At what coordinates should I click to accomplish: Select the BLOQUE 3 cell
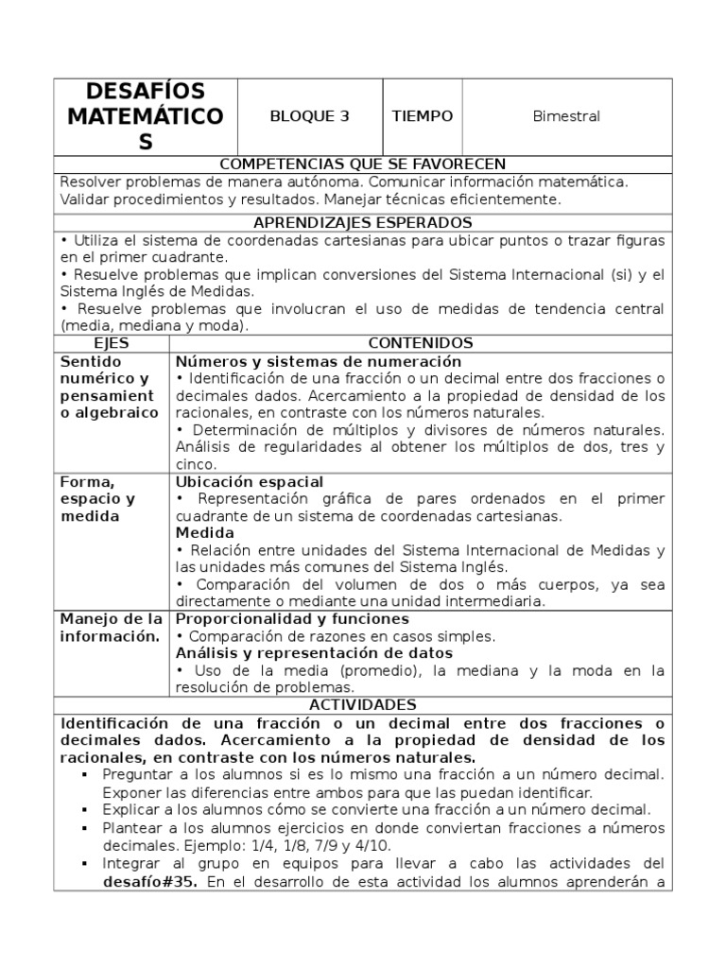pyautogui.click(x=309, y=116)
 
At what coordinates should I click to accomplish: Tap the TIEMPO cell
pyautogui.click(x=422, y=116)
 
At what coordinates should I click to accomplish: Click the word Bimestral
pyautogui.click(x=566, y=116)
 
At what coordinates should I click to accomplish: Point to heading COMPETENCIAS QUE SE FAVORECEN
pyautogui.click(x=362, y=164)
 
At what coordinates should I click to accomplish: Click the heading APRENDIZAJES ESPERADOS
pyautogui.click(x=362, y=222)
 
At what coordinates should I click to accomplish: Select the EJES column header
pyautogui.click(x=112, y=343)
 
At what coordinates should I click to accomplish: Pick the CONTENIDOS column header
pyautogui.click(x=420, y=343)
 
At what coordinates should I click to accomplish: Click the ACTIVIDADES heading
pyautogui.click(x=362, y=705)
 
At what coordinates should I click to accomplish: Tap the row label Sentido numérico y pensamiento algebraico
pyautogui.click(x=109, y=388)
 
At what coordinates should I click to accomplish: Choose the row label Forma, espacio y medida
pyautogui.click(x=98, y=499)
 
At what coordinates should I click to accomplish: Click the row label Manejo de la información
pyautogui.click(x=111, y=628)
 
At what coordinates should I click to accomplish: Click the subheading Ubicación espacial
pyautogui.click(x=250, y=482)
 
